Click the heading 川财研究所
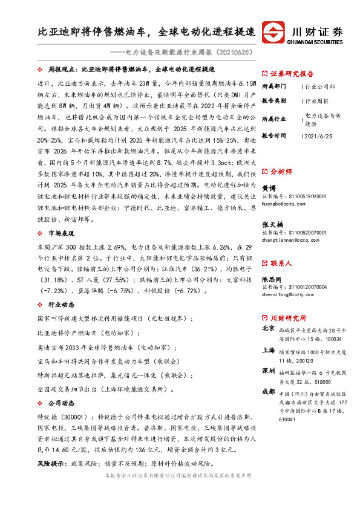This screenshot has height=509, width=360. pos(288,318)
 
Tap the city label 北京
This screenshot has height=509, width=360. pos(269,329)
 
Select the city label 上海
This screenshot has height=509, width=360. pos(269,349)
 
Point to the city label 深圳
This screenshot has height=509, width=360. pos(269,370)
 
